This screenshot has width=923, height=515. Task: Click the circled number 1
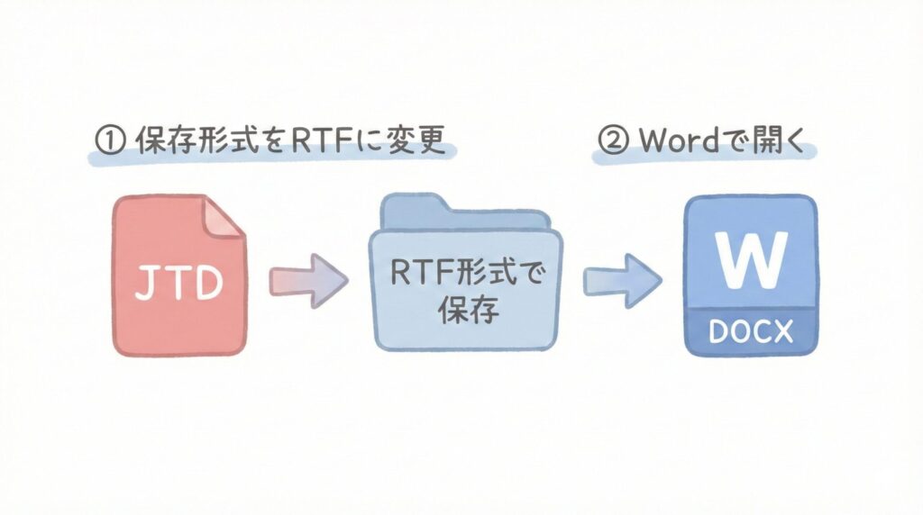(x=109, y=142)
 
